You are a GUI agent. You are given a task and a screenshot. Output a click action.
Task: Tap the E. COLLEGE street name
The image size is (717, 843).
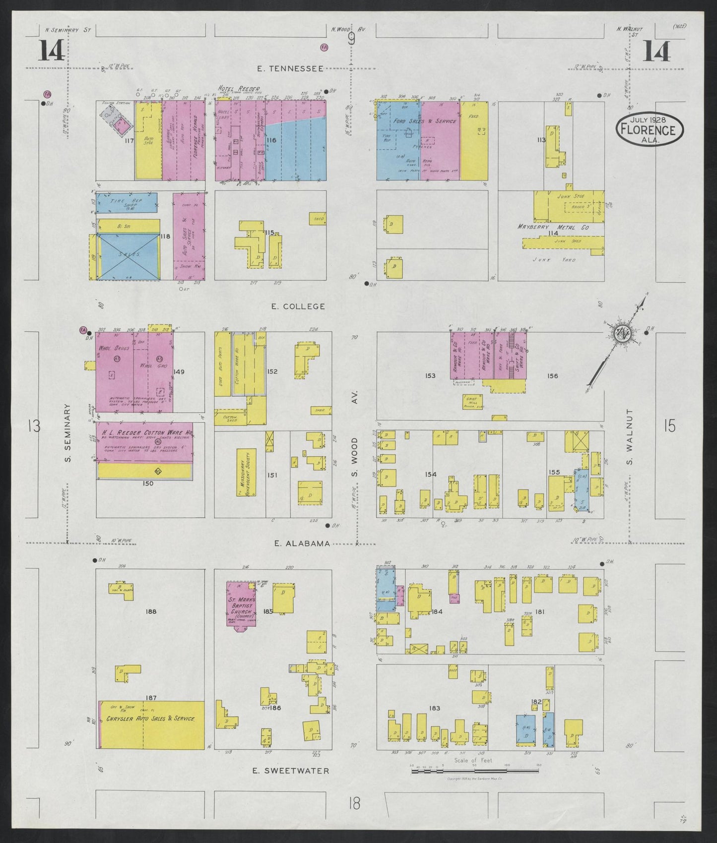pos(298,306)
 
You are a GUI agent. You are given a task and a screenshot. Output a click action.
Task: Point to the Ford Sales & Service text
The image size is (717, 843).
pos(425,121)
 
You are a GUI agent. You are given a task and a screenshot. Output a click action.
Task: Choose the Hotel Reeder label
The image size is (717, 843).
pos(239,89)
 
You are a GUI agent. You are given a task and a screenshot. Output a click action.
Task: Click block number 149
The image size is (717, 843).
pos(179,371)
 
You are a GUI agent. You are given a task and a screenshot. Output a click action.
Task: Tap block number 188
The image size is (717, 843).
pos(151,611)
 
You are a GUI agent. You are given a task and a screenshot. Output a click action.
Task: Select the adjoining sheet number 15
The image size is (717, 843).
pos(669,426)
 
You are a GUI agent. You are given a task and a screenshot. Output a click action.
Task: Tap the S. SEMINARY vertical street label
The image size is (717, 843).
pos(68,432)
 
